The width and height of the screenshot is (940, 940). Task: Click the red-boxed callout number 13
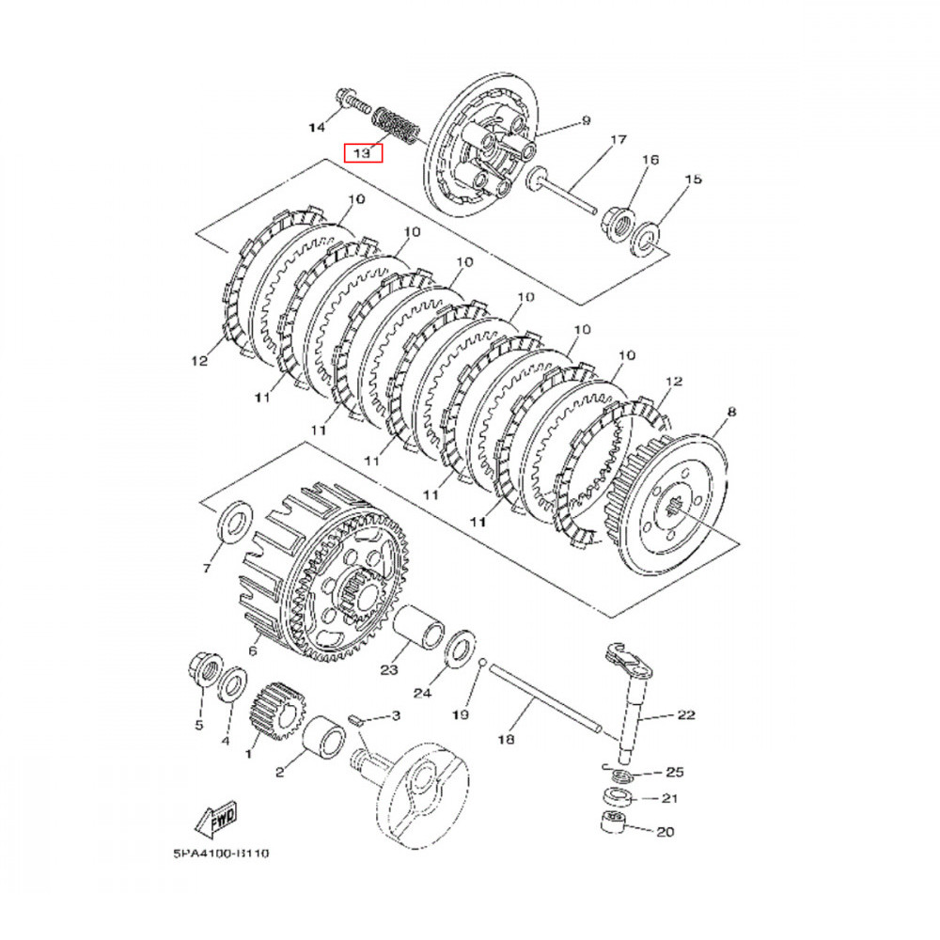click(363, 152)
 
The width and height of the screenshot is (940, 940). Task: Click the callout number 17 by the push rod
click(618, 142)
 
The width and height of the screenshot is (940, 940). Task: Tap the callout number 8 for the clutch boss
click(731, 412)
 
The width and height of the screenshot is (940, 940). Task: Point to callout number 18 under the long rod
click(506, 740)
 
